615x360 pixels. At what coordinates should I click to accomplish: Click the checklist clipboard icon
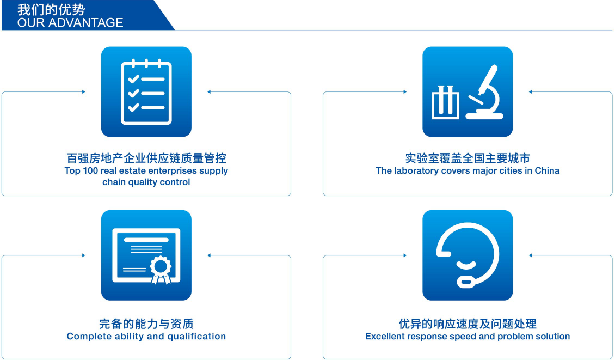pyautogui.click(x=146, y=92)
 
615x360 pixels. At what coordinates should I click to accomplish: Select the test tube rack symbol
pyautogui.click(x=445, y=102)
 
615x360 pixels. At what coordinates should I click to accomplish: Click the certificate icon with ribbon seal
pyautogui.click(x=146, y=255)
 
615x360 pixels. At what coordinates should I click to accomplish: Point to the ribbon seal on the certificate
pyautogui.click(x=161, y=270)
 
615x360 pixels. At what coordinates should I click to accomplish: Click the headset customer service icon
pyautogui.click(x=468, y=255)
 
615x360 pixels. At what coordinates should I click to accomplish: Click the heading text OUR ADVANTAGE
pyautogui.click(x=70, y=23)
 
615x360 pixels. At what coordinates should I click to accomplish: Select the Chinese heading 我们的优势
pyautogui.click(x=51, y=9)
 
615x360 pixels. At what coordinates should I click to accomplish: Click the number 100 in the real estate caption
pyautogui.click(x=90, y=171)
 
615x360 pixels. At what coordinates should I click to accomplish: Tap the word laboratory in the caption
pyautogui.click(x=416, y=171)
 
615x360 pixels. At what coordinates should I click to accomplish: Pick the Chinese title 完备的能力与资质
pyautogui.click(x=146, y=324)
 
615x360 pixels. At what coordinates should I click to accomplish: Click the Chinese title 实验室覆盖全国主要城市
pyautogui.click(x=468, y=158)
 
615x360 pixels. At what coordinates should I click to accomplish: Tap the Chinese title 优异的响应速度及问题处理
pyautogui.click(x=468, y=324)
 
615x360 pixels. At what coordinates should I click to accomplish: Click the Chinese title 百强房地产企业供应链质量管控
pyautogui.click(x=146, y=158)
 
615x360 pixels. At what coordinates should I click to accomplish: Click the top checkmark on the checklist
pyautogui.click(x=133, y=79)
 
